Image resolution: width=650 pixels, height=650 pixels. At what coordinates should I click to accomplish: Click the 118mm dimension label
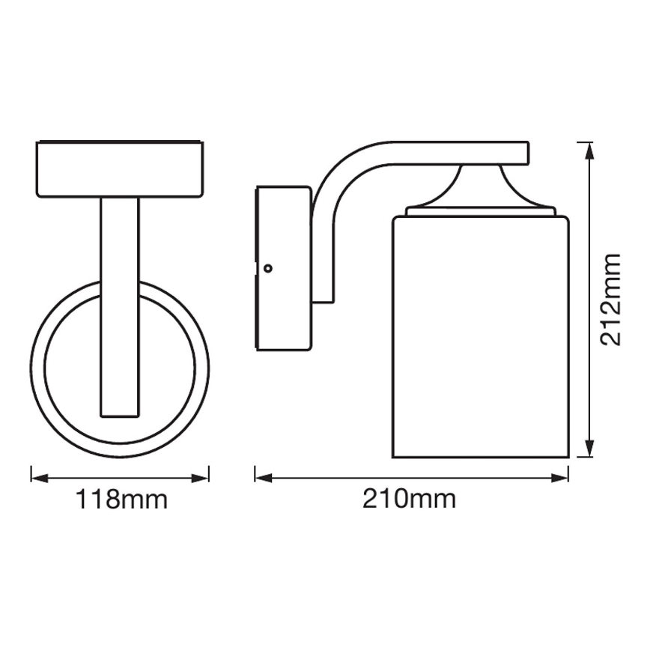click(x=120, y=499)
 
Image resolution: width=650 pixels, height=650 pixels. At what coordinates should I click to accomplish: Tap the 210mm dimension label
click(x=410, y=499)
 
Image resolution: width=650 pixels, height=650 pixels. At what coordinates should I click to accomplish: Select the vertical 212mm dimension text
click(x=612, y=299)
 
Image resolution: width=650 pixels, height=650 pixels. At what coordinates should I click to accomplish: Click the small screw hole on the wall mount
click(x=268, y=267)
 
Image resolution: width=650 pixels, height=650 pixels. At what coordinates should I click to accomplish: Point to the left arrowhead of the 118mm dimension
click(x=35, y=477)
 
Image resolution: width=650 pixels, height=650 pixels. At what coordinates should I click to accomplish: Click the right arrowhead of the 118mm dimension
click(x=204, y=477)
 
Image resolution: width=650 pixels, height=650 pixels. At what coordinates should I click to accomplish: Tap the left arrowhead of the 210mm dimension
click(x=260, y=477)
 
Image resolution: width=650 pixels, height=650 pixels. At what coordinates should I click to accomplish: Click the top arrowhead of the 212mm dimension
click(x=590, y=148)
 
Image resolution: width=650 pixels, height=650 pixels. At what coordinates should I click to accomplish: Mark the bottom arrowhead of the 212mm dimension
click(x=590, y=452)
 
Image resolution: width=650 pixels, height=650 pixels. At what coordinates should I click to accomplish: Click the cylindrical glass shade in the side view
click(x=481, y=337)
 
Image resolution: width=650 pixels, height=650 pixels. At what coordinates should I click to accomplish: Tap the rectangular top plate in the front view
click(x=120, y=169)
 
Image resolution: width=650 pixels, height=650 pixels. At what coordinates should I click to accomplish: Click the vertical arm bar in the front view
click(x=120, y=300)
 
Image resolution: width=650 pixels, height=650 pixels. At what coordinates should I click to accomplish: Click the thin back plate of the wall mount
click(x=258, y=268)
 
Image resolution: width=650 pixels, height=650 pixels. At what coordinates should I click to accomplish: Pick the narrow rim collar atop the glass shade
click(x=481, y=213)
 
